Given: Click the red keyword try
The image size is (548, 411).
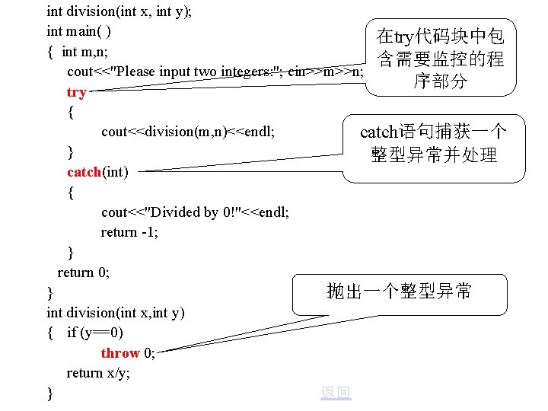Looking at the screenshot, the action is [77, 92].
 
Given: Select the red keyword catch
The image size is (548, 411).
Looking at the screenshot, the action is [84, 172].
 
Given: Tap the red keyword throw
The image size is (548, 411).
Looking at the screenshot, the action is [120, 353].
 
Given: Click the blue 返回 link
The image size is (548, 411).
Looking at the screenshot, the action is [336, 392].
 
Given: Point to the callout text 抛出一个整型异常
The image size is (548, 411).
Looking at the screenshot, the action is [399, 291].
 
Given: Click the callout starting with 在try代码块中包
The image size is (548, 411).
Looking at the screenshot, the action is [440, 59].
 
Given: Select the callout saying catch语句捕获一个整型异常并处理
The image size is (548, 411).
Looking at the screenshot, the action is [433, 144].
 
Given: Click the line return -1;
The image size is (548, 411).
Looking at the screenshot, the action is [129, 232].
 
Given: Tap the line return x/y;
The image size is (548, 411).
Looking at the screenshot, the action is [98, 373].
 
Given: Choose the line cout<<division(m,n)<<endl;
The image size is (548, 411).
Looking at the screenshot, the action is [187, 132].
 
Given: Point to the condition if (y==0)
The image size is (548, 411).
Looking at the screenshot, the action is [95, 333].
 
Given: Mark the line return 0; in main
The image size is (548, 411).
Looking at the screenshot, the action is [84, 272].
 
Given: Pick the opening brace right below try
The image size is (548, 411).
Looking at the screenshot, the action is [71, 112].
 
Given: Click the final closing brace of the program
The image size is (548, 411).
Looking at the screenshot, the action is [50, 393].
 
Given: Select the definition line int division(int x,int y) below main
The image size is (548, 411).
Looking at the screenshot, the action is [116, 313].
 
